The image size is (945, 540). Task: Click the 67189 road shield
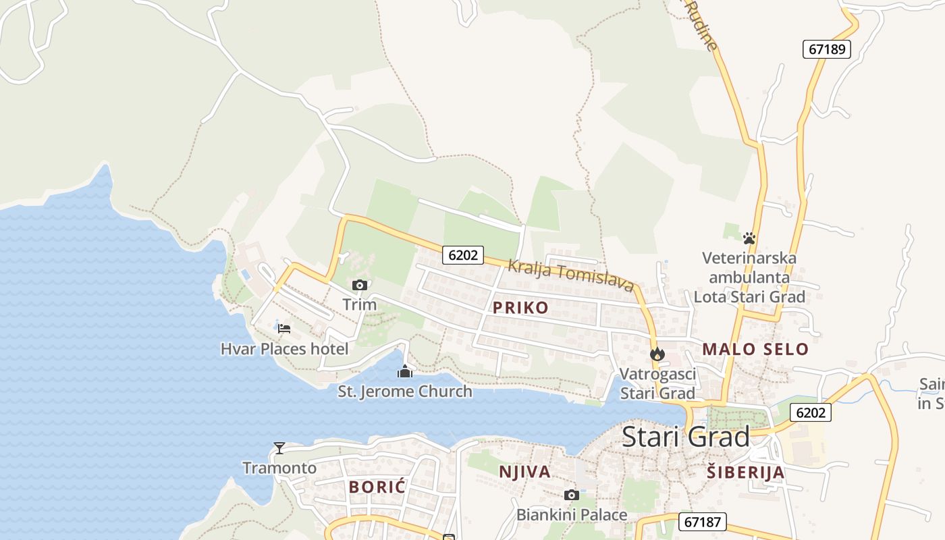click(x=827, y=49)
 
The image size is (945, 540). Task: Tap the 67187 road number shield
click(x=703, y=521)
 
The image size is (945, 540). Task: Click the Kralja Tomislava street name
click(x=570, y=275)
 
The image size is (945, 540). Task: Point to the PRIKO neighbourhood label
click(x=520, y=308)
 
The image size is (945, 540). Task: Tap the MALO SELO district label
click(x=755, y=349)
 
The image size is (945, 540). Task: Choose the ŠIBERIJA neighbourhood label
click(x=745, y=472)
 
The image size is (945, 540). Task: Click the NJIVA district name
click(x=524, y=471)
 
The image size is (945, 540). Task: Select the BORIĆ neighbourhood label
click(x=377, y=487)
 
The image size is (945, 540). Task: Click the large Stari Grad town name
click(x=685, y=437)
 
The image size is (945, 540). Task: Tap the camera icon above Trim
click(x=359, y=285)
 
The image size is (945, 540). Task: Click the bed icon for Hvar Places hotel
click(x=284, y=329)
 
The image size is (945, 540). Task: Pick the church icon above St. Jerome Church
click(x=405, y=371)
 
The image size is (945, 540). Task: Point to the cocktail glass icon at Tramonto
click(x=279, y=448)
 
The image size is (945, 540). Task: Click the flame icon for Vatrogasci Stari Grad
click(x=657, y=354)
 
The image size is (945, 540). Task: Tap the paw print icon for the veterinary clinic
click(x=749, y=238)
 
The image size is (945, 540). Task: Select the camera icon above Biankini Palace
click(x=571, y=495)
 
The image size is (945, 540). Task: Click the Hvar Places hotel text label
click(x=284, y=349)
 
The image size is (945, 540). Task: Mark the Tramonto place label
click(x=279, y=468)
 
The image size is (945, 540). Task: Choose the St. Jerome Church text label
click(x=405, y=391)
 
